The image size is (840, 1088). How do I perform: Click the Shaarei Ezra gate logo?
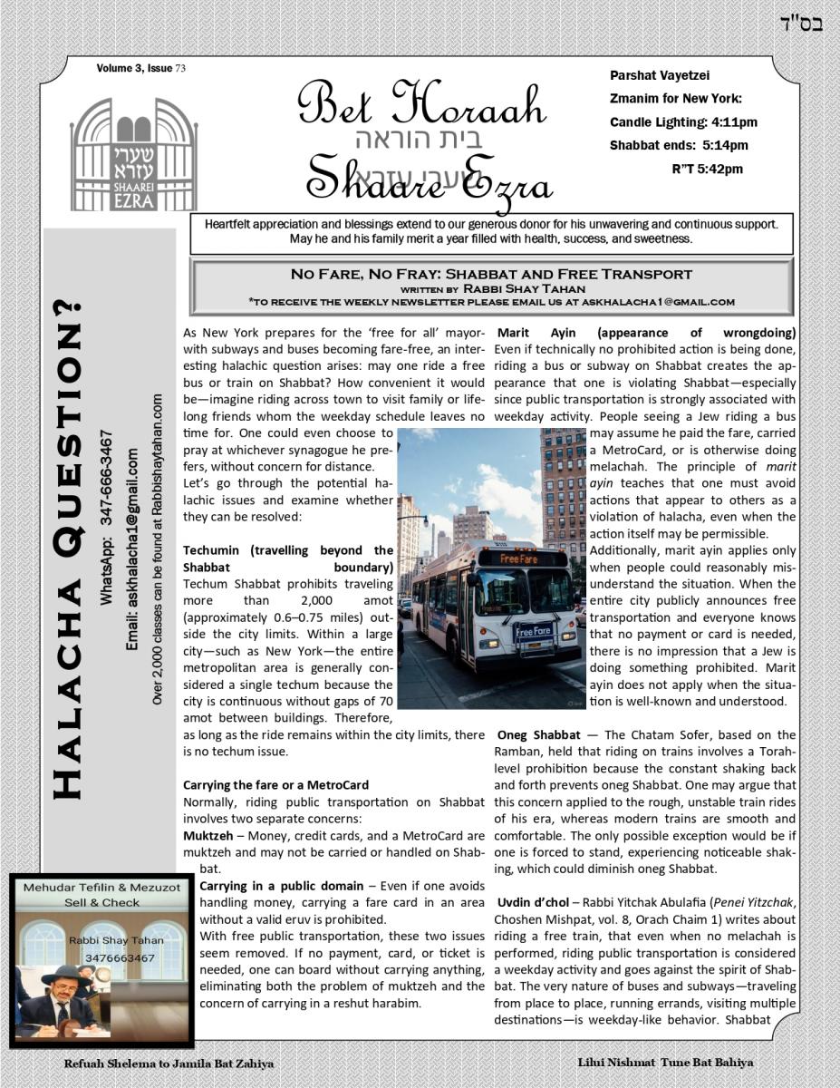click(133, 154)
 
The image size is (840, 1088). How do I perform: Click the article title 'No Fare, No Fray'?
click(490, 274)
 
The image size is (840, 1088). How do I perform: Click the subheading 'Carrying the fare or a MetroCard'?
click(275, 784)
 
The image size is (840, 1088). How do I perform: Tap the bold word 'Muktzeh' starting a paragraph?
click(207, 835)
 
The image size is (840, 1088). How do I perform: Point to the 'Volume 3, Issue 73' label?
click(141, 69)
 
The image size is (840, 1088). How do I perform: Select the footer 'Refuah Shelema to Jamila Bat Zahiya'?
click(169, 1064)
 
